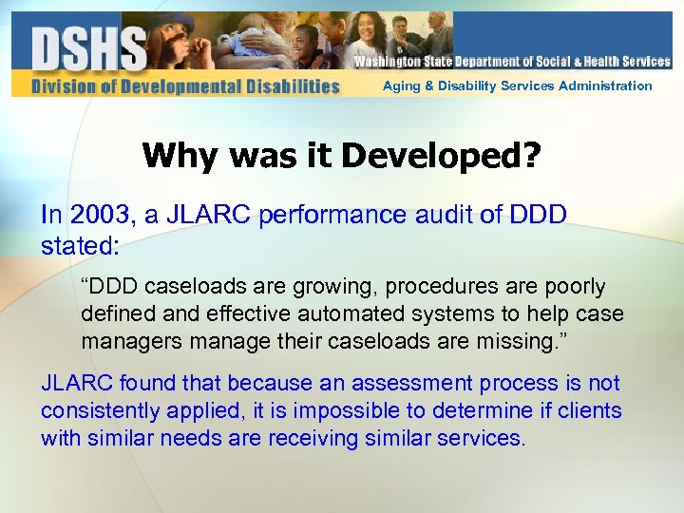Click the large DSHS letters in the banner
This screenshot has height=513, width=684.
89,48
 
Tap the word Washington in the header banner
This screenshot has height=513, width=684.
387,62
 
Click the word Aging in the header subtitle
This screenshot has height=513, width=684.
399,85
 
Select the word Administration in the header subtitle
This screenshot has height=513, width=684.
605,85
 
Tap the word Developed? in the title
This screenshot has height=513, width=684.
440,155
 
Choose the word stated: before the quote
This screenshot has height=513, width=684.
80,246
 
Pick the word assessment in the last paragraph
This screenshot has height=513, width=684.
404,384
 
